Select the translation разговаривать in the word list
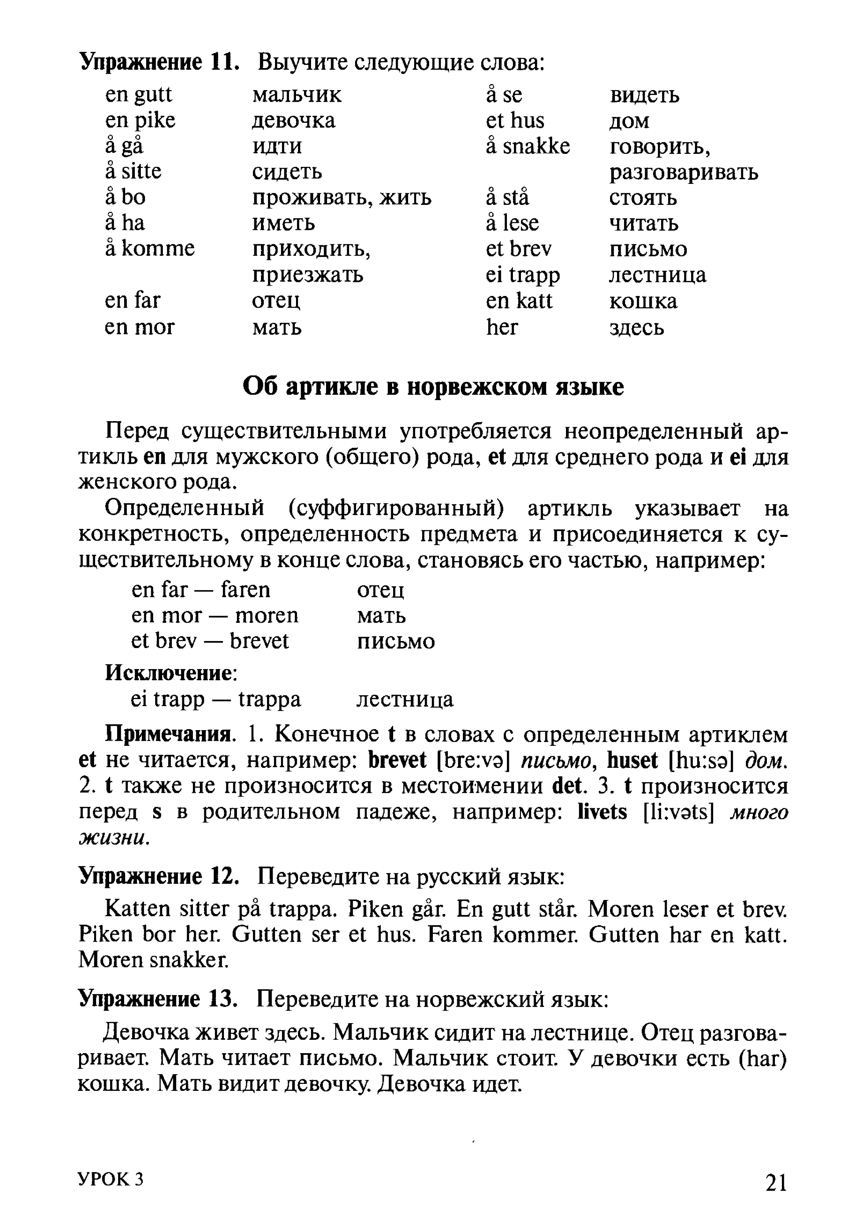(x=683, y=172)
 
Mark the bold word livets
(x=602, y=812)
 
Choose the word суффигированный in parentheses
(x=396, y=508)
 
